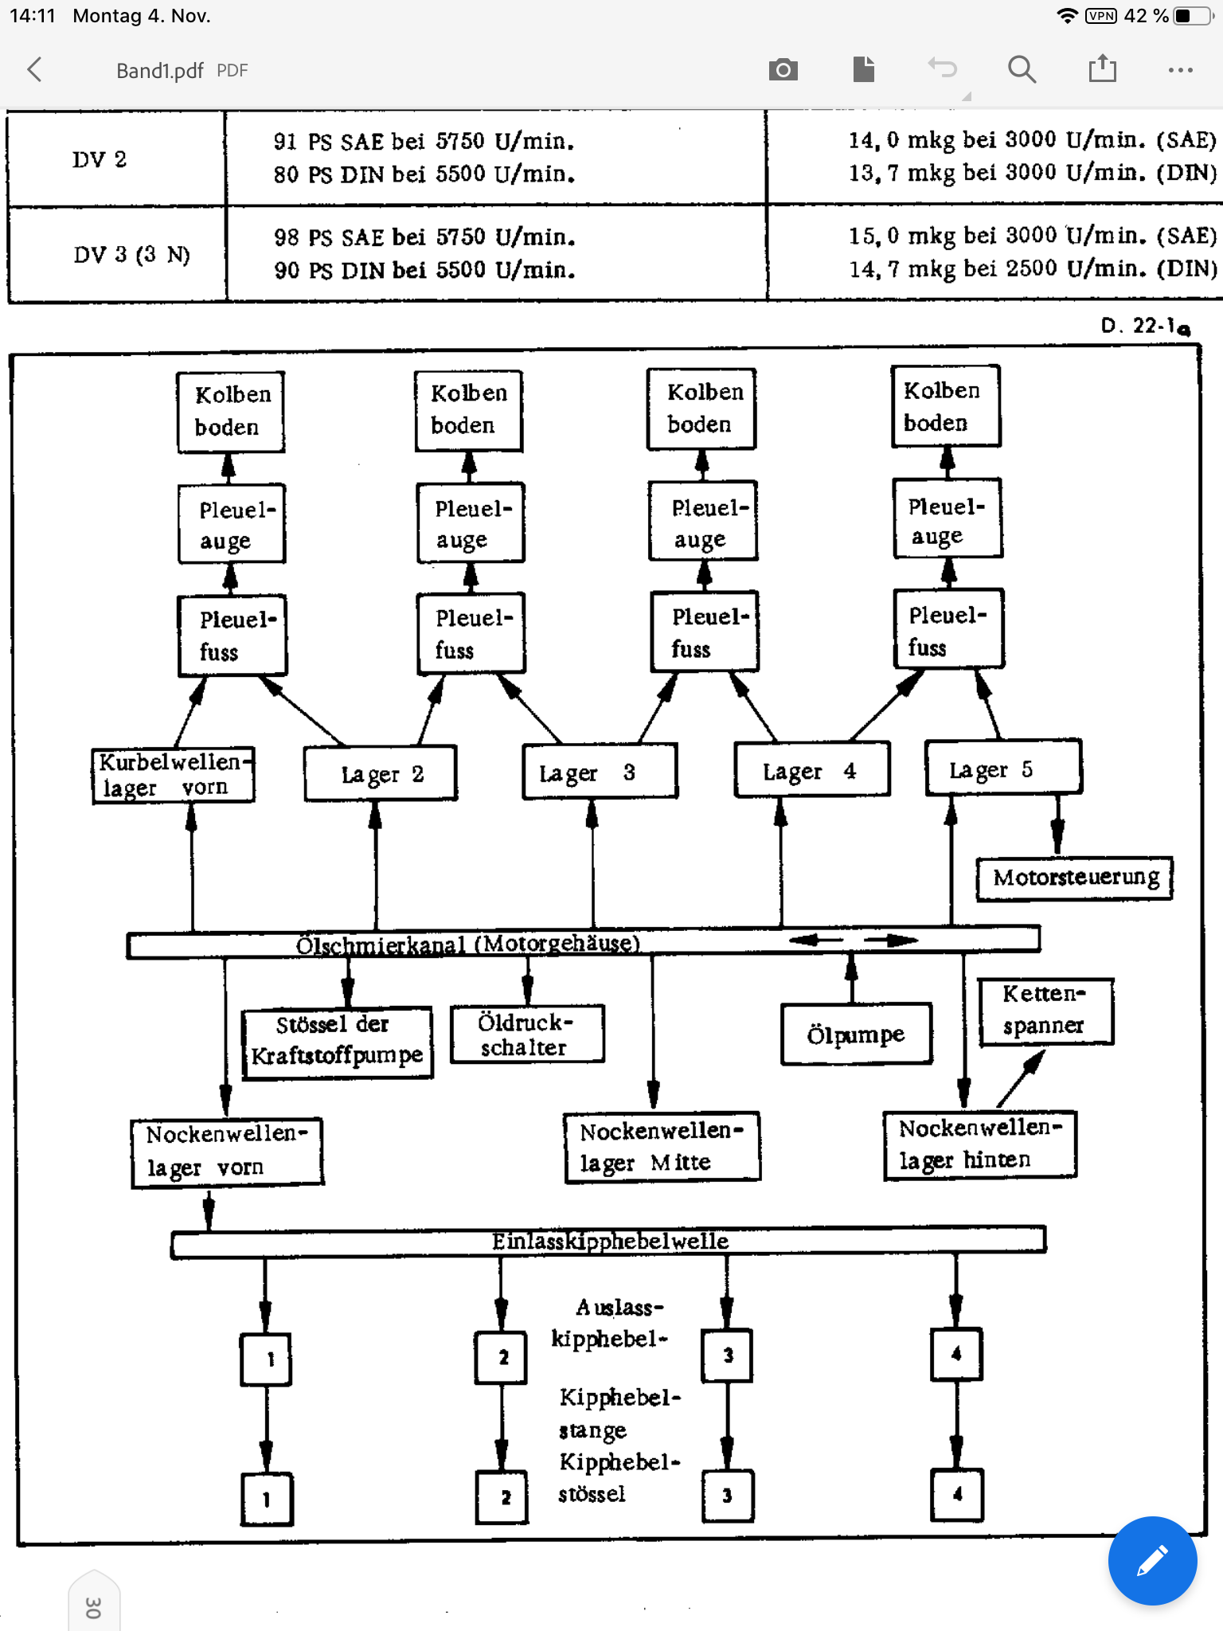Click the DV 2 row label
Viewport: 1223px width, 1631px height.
[x=100, y=159]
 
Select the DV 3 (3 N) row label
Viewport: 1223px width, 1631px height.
[x=131, y=255]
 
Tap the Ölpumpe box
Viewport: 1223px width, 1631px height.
[x=856, y=1035]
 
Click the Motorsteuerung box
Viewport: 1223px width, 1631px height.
[x=1075, y=878]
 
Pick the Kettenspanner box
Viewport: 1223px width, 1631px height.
[x=1044, y=1010]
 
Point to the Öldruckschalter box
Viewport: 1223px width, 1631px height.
[x=526, y=1035]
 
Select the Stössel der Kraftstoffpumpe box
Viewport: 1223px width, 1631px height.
[x=337, y=1041]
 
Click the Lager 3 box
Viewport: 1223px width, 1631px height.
[x=599, y=772]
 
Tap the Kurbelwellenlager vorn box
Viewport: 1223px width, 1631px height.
[x=172, y=775]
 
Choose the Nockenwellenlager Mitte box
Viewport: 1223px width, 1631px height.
[x=661, y=1147]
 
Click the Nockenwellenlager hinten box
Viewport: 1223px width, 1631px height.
[x=979, y=1144]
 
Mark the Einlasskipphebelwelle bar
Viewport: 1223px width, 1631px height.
[x=609, y=1242]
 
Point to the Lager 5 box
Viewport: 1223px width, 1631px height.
[x=1002, y=769]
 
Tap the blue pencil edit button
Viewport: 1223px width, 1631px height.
[x=1151, y=1560]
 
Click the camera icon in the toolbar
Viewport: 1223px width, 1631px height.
[x=783, y=70]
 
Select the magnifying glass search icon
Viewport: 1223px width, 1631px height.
[x=1022, y=70]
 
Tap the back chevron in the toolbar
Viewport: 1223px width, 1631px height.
[x=34, y=70]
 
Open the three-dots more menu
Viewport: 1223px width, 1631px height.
[x=1180, y=70]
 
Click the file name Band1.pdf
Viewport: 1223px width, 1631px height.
[x=160, y=71]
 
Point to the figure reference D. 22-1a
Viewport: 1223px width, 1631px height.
[x=1145, y=326]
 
